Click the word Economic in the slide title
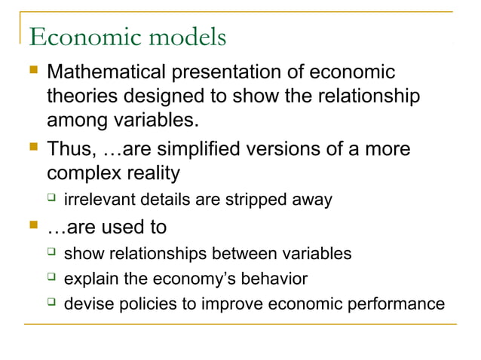[x=81, y=36]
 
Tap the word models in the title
[x=183, y=36]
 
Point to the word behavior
[x=273, y=279]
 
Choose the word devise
[x=87, y=304]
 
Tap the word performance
[x=400, y=304]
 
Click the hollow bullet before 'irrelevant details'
[x=51, y=200]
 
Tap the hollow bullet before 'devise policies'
[x=51, y=304]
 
